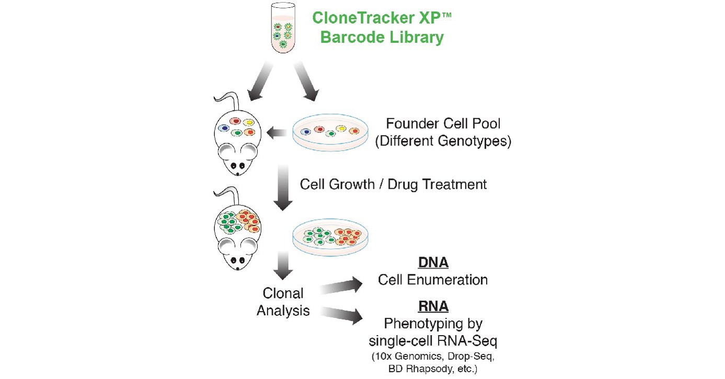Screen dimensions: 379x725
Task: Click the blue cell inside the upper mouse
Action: click(225, 128)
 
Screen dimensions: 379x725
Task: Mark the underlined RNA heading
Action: click(433, 306)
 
